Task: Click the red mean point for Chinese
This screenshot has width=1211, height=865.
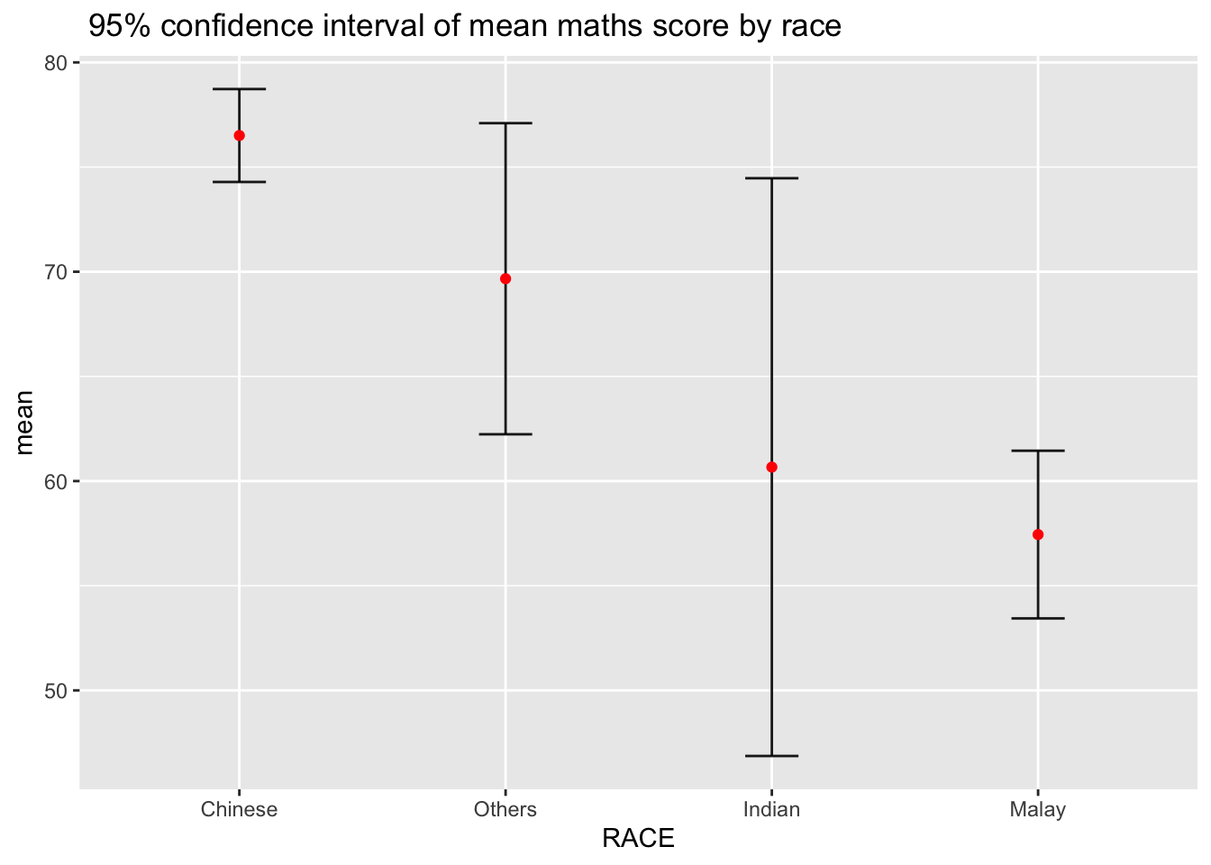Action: (239, 135)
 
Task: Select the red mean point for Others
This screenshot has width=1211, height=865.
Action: (505, 278)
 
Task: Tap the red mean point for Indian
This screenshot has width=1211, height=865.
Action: (771, 467)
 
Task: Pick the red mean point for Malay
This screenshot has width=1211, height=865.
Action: (1038, 534)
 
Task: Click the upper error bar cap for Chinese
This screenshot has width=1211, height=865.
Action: (239, 89)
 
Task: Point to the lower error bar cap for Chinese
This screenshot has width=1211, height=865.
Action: (239, 182)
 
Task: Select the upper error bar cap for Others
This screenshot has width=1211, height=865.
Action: (505, 123)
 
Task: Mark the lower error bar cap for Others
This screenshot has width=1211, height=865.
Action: (505, 434)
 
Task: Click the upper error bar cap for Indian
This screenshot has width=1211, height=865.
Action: (771, 178)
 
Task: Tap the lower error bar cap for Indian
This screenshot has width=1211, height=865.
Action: (771, 755)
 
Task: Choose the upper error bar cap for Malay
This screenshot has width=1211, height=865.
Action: (1038, 451)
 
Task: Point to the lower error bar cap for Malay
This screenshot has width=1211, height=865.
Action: (1038, 618)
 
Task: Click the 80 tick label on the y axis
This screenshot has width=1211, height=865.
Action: (56, 63)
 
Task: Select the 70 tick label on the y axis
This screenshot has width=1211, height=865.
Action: (56, 272)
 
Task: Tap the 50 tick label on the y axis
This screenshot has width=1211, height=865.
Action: (56, 691)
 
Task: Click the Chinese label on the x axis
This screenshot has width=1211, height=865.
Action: (239, 809)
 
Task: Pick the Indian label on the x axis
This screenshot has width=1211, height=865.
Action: (771, 809)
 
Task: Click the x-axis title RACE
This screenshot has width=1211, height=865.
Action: (638, 840)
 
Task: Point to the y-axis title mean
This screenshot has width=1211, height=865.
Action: (24, 422)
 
